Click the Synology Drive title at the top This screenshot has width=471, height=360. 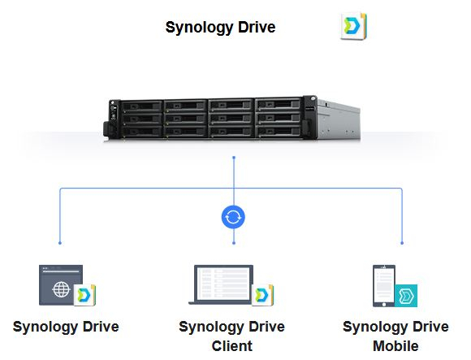[220, 28]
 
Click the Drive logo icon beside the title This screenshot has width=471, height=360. [353, 26]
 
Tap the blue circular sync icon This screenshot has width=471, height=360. [233, 217]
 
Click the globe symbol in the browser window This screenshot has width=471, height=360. [61, 289]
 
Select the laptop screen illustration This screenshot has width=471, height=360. [223, 284]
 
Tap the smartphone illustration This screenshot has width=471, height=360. [383, 286]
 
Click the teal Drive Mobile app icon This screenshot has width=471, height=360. [406, 296]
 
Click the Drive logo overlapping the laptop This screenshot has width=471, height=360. [262, 295]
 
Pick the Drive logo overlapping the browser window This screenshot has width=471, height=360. [84, 295]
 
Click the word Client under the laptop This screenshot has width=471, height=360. [232, 346]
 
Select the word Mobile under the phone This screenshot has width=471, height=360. [395, 346]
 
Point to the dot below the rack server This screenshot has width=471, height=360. [234, 158]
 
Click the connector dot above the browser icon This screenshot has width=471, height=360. [60, 243]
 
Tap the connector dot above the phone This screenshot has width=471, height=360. [402, 243]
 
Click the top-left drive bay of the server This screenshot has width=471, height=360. [141, 106]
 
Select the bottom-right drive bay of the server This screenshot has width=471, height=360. [279, 131]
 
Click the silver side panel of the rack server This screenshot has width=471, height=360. [339, 120]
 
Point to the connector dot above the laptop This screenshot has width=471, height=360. [234, 243]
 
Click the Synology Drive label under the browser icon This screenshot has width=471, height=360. [66, 327]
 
